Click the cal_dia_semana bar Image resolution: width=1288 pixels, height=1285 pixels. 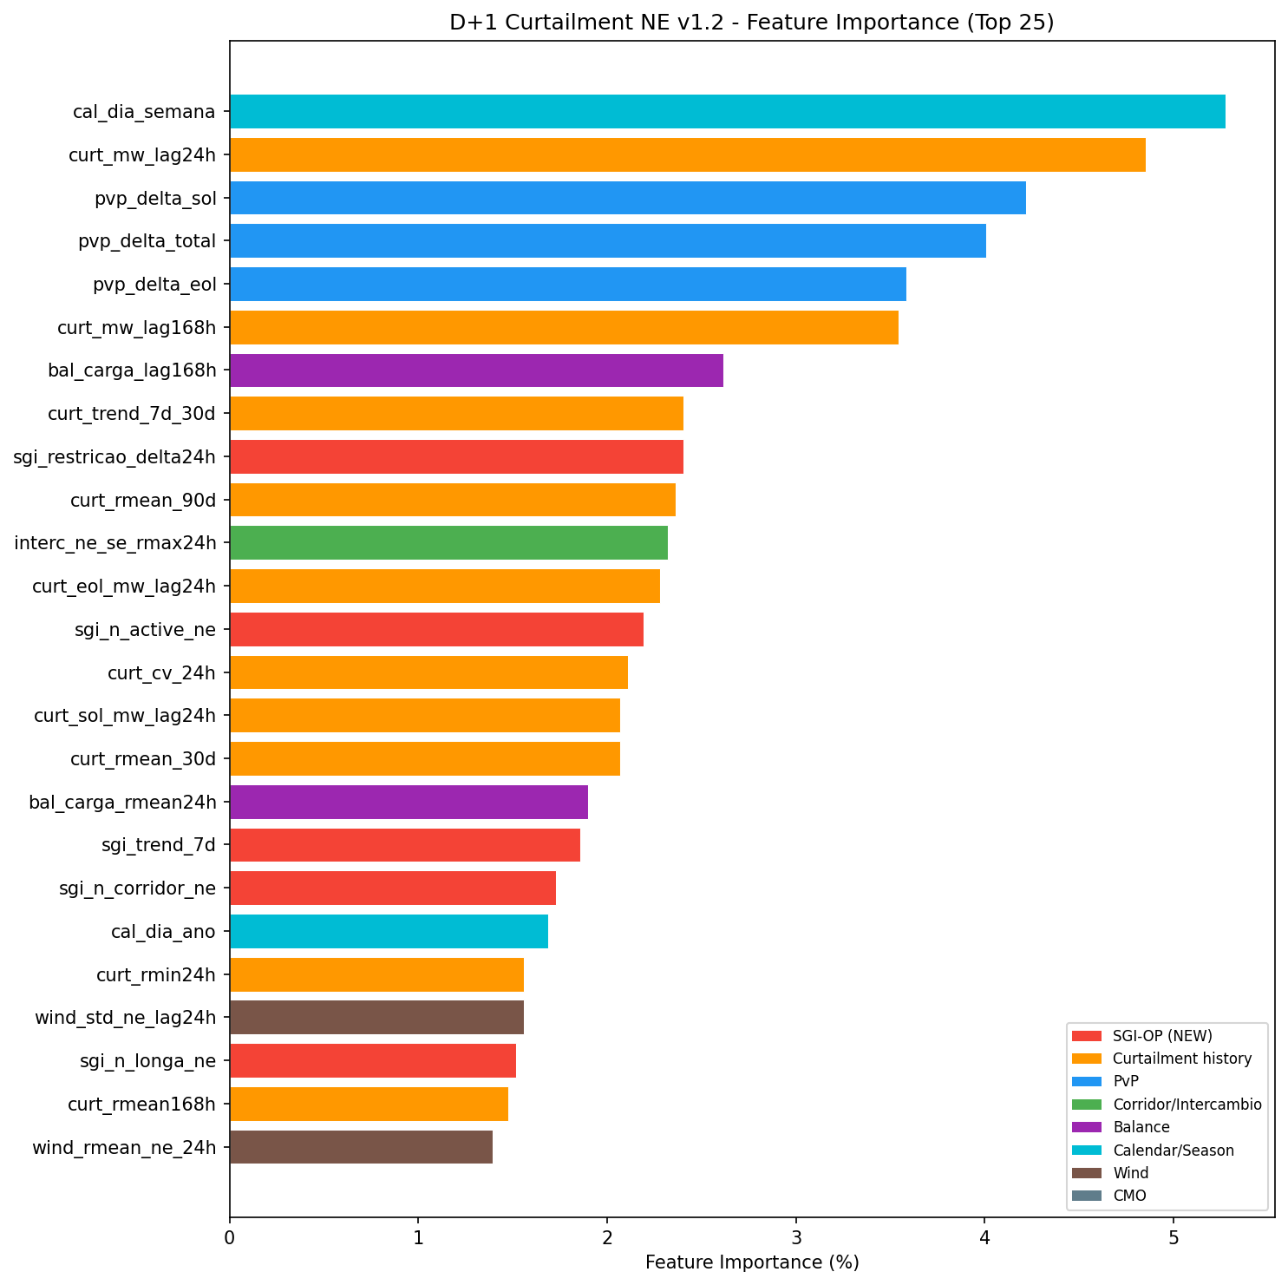tap(727, 111)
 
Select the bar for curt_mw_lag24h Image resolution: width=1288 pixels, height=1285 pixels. tap(687, 154)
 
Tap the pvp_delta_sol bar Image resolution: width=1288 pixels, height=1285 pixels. tap(627, 198)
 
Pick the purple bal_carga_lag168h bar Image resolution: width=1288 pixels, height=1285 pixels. tap(476, 370)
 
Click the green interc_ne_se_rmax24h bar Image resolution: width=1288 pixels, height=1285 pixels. tap(448, 543)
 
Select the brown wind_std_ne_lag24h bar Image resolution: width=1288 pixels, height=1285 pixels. tap(376, 1017)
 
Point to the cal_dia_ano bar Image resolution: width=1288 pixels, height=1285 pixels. tap(389, 931)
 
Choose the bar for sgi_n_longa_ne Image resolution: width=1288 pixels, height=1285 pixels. tap(373, 1060)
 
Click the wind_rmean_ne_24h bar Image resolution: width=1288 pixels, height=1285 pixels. tap(361, 1147)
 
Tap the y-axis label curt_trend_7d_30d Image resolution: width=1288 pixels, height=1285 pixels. tap(132, 414)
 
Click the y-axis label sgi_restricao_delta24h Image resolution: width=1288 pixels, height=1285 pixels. tap(114, 456)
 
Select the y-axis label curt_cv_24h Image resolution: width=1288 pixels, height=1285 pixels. tap(161, 672)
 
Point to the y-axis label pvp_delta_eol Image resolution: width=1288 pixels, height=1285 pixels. tap(154, 285)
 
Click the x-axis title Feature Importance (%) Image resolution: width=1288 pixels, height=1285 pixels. tap(752, 1262)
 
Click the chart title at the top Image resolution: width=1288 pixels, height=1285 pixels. tap(751, 23)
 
